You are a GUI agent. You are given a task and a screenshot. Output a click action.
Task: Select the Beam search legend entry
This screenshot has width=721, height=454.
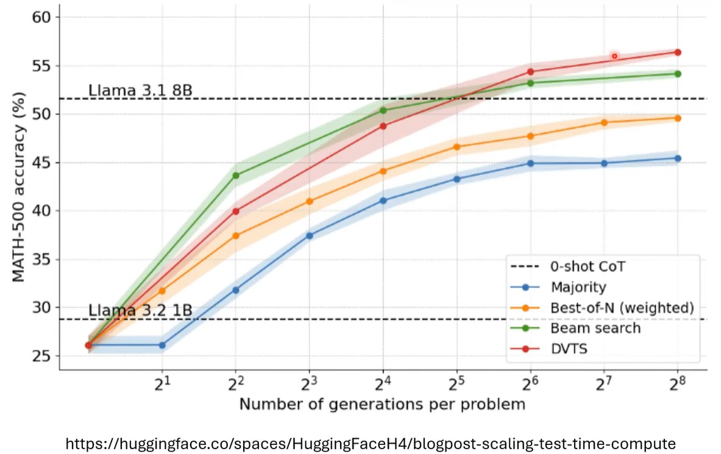(595, 328)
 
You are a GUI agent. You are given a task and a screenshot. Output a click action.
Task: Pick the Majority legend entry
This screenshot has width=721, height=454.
(578, 287)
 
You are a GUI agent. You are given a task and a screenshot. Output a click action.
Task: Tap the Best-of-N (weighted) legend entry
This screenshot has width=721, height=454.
(622, 308)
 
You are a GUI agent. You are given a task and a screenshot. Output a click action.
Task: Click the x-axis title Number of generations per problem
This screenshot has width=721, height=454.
(382, 404)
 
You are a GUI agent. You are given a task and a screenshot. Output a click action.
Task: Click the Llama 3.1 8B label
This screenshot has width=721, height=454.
(140, 91)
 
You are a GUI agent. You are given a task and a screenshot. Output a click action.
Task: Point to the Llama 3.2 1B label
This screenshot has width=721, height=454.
(140, 311)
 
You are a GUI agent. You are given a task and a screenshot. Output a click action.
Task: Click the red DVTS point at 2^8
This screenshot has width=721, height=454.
(678, 52)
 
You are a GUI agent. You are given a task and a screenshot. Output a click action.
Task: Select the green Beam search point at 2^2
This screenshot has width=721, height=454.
(236, 176)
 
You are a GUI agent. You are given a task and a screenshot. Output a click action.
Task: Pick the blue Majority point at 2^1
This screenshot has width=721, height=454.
(162, 345)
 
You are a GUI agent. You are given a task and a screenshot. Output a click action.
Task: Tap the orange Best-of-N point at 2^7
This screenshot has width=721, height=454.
(604, 122)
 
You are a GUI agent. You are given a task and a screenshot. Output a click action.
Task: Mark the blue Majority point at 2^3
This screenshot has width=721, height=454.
(310, 235)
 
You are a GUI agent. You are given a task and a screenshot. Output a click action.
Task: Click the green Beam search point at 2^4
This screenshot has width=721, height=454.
(383, 110)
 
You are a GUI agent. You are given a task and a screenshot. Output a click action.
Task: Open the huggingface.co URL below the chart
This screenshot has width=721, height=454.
(370, 443)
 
